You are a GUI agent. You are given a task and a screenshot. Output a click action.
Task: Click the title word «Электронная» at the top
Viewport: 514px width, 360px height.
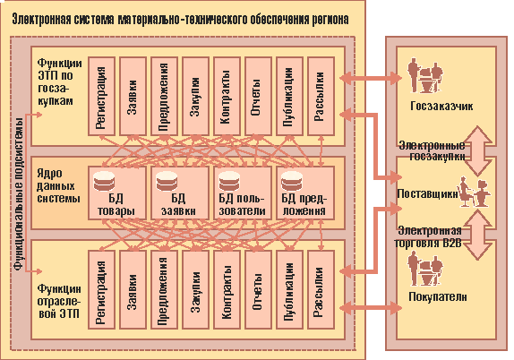pyautogui.click(x=41, y=20)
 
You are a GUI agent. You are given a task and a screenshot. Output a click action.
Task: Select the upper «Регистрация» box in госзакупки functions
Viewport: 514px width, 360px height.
pyautogui.click(x=101, y=96)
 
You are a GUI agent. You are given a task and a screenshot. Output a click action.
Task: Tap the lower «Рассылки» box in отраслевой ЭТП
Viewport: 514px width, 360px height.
pyautogui.click(x=321, y=290)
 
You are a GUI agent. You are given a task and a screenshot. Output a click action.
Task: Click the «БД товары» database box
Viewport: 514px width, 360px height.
pyautogui.click(x=117, y=193)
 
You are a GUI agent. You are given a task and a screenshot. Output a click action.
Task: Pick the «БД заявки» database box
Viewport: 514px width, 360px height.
pyautogui.click(x=180, y=193)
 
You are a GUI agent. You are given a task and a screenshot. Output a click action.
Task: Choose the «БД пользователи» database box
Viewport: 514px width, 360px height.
pyautogui.click(x=243, y=193)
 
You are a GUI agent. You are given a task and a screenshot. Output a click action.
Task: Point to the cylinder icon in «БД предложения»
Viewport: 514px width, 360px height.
pyautogui.click(x=292, y=181)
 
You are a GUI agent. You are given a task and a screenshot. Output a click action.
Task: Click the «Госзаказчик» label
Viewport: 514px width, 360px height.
pyautogui.click(x=441, y=107)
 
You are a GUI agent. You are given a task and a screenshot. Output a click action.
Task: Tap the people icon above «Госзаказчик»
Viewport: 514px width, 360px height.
pyautogui.click(x=424, y=76)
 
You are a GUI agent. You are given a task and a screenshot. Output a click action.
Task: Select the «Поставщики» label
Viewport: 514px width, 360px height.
pyautogui.click(x=427, y=193)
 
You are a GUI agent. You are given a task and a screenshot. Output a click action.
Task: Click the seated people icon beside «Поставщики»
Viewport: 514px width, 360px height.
pyautogui.click(x=474, y=193)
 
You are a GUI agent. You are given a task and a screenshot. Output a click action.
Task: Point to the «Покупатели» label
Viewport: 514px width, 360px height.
pyautogui.click(x=438, y=296)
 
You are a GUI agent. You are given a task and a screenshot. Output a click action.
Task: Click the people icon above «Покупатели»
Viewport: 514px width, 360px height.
pyautogui.click(x=424, y=268)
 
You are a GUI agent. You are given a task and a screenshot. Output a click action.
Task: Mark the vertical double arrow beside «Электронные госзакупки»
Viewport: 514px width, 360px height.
pyautogui.click(x=478, y=150)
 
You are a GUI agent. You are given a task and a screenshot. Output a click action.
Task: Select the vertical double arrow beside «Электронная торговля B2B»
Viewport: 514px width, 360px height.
pyautogui.click(x=478, y=235)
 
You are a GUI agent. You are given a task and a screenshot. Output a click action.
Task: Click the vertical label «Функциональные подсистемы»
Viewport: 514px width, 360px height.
pyautogui.click(x=19, y=193)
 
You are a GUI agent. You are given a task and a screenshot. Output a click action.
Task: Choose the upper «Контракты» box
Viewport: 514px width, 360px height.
pyautogui.click(x=227, y=96)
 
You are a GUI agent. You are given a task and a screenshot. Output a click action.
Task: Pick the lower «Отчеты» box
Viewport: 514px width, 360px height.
pyautogui.click(x=258, y=290)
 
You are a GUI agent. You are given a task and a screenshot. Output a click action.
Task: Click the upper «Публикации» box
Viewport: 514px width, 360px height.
pyautogui.click(x=289, y=96)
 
